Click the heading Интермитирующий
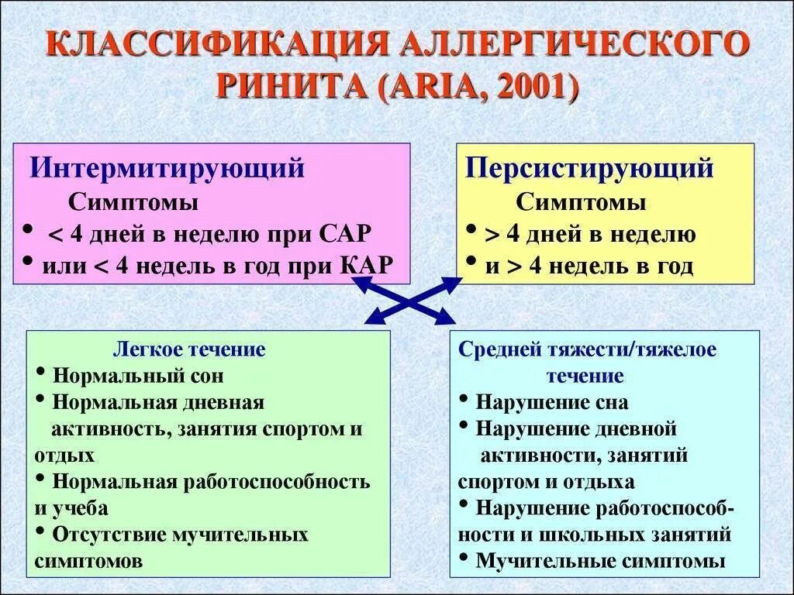(x=167, y=168)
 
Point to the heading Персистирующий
(x=589, y=168)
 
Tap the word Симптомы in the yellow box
(x=581, y=203)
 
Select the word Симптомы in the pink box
(x=133, y=203)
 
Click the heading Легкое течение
(x=189, y=349)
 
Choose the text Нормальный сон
(x=138, y=377)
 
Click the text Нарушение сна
(x=551, y=403)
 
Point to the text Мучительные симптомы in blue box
(x=600, y=561)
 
